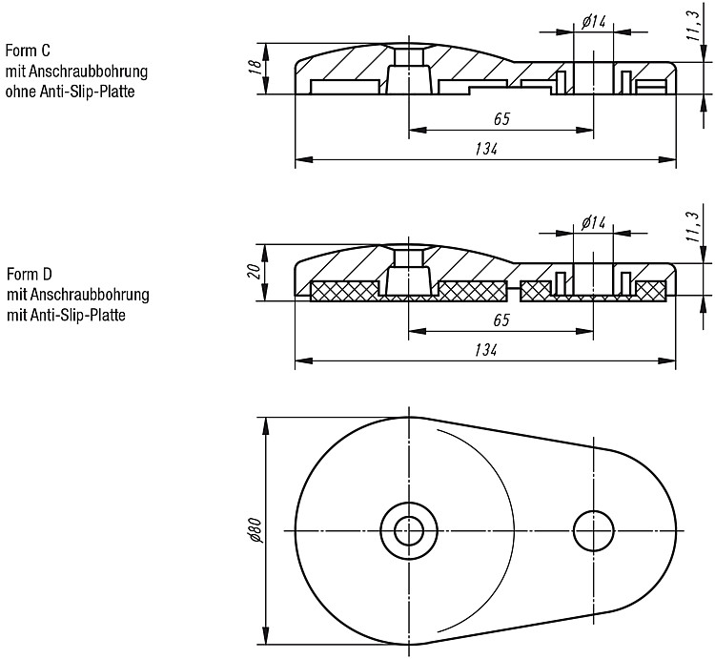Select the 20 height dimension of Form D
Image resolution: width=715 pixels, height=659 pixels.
coord(256,272)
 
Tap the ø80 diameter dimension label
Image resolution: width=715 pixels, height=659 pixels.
coord(256,531)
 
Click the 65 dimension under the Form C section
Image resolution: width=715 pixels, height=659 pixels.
coord(501,119)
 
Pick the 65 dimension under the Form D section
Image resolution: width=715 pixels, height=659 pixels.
coord(501,320)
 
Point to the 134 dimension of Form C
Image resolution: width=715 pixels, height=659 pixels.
coord(486,149)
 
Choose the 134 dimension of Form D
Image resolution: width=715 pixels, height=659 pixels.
coord(485,350)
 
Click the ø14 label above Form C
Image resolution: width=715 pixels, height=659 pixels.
coord(593,21)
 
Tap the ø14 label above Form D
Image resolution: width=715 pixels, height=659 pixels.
coord(593,222)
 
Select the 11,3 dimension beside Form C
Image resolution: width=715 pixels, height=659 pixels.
coord(693,26)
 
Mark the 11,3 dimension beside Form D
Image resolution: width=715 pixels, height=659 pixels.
coord(693,227)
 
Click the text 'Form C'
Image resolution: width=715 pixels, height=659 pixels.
coord(28,51)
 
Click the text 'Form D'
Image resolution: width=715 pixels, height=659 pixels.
coord(30,274)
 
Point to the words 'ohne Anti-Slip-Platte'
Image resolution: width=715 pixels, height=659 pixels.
coord(71,92)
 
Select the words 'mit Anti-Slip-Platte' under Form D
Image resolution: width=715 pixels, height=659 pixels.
coord(66,315)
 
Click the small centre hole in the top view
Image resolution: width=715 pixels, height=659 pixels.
coord(409,531)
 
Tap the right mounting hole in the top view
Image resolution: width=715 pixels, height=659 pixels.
coord(593,531)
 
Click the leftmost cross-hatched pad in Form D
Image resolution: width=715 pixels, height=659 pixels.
coord(345,292)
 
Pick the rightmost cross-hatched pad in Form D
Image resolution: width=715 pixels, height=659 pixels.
coord(651,291)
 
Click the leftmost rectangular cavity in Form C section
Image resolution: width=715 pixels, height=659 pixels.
coord(345,87)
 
